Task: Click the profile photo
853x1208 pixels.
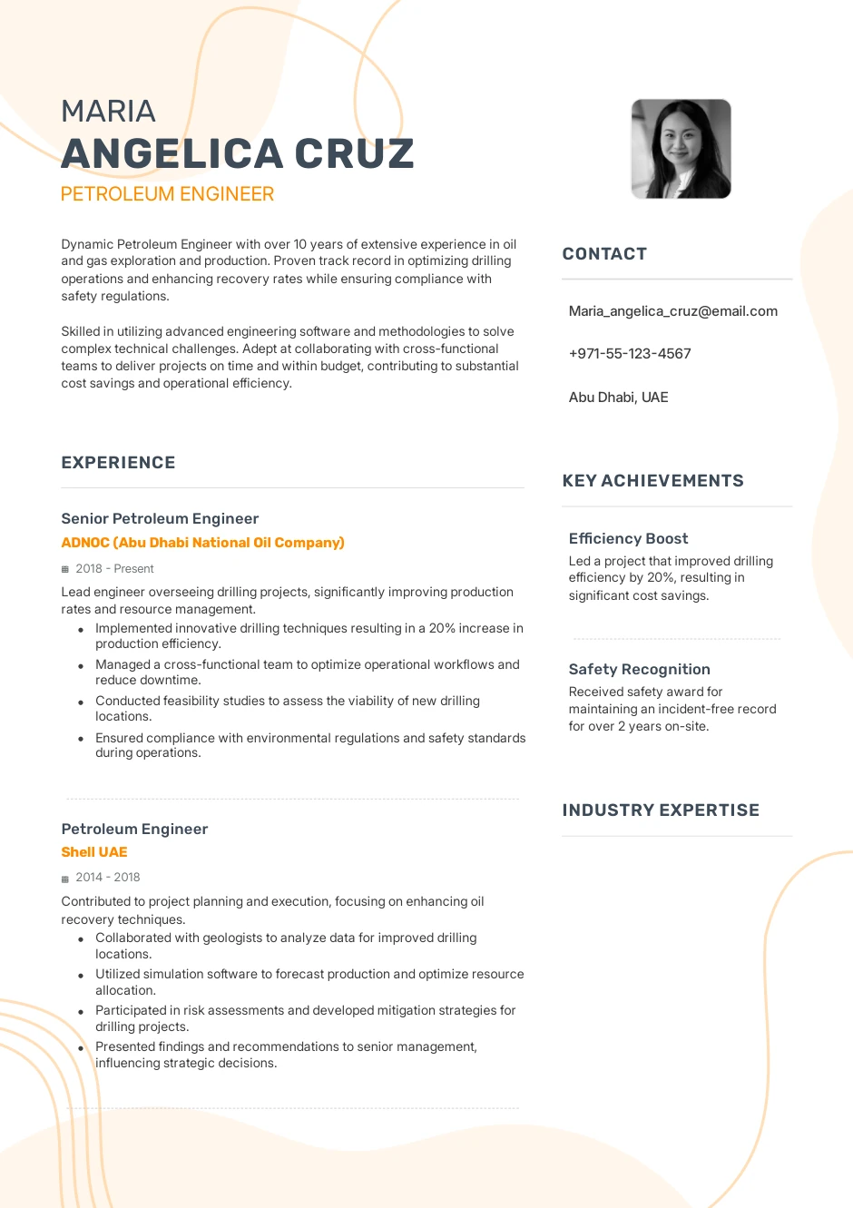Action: point(681,149)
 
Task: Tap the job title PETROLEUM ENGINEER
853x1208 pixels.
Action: point(167,194)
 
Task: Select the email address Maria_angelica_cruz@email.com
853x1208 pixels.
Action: point(672,311)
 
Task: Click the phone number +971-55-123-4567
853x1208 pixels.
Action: point(630,354)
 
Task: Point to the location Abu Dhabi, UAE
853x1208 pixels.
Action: point(618,398)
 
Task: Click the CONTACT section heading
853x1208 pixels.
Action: point(604,254)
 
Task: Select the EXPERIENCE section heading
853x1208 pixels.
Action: point(118,463)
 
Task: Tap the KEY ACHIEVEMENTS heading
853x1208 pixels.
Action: point(652,481)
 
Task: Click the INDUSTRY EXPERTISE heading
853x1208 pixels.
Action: point(661,810)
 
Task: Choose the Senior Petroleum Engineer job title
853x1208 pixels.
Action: point(160,519)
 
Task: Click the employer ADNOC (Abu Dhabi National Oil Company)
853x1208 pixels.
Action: point(202,543)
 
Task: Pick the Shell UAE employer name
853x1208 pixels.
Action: point(94,852)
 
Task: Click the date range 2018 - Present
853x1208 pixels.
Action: point(114,569)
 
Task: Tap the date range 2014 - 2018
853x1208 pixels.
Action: point(107,878)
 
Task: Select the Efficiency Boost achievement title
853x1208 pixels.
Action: point(628,539)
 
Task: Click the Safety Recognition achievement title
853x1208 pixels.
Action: point(639,670)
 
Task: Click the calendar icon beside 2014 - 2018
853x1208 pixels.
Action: point(65,879)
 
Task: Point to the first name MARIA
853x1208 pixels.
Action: point(108,112)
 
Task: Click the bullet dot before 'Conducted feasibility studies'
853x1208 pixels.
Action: point(81,702)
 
